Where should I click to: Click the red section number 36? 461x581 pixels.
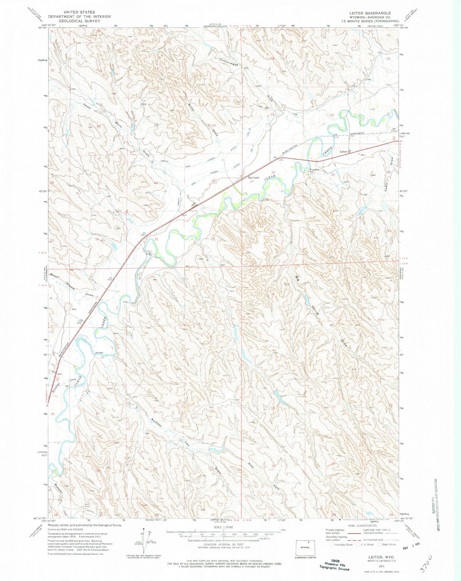pos(213,238)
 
